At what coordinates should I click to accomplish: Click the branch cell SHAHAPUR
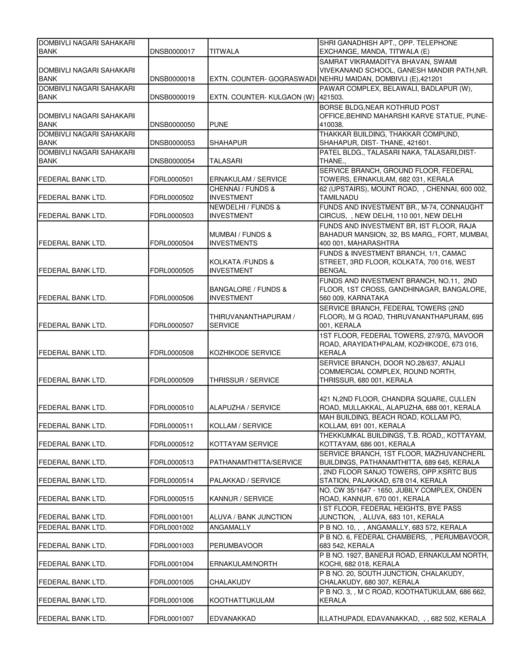tap(228, 143)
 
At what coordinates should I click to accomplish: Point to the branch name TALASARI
tap(226, 161)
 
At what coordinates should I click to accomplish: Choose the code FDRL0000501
tap(171, 179)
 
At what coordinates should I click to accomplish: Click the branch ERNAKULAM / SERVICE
tap(248, 179)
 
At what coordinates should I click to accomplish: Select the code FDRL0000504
tap(171, 243)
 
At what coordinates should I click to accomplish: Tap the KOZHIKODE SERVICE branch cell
tap(245, 353)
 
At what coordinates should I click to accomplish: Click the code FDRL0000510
tap(171, 408)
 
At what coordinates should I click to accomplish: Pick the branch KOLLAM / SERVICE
tap(240, 426)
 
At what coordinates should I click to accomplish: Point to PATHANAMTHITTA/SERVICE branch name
tap(255, 462)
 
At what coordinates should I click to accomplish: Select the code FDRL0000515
tap(171, 499)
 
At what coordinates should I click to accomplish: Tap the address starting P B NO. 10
tap(393, 528)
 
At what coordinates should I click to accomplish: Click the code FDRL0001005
tap(171, 582)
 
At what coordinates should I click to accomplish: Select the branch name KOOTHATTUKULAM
tap(242, 601)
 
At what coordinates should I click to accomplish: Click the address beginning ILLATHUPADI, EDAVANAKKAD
tap(402, 619)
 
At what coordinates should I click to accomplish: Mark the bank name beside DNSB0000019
tap(87, 93)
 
